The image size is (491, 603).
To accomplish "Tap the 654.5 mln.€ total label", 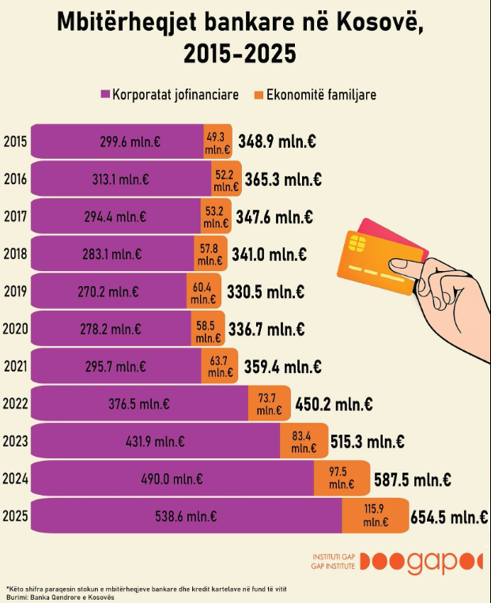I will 448,518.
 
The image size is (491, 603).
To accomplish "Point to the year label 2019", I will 15,292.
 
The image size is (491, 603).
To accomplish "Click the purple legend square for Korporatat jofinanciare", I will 105,95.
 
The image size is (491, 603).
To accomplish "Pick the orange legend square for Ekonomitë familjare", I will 258,95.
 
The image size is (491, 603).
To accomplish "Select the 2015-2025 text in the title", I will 240,53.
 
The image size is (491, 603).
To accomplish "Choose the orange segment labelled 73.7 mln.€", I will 269,404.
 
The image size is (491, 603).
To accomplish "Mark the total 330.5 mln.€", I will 266,292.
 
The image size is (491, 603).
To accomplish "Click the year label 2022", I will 15,404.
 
